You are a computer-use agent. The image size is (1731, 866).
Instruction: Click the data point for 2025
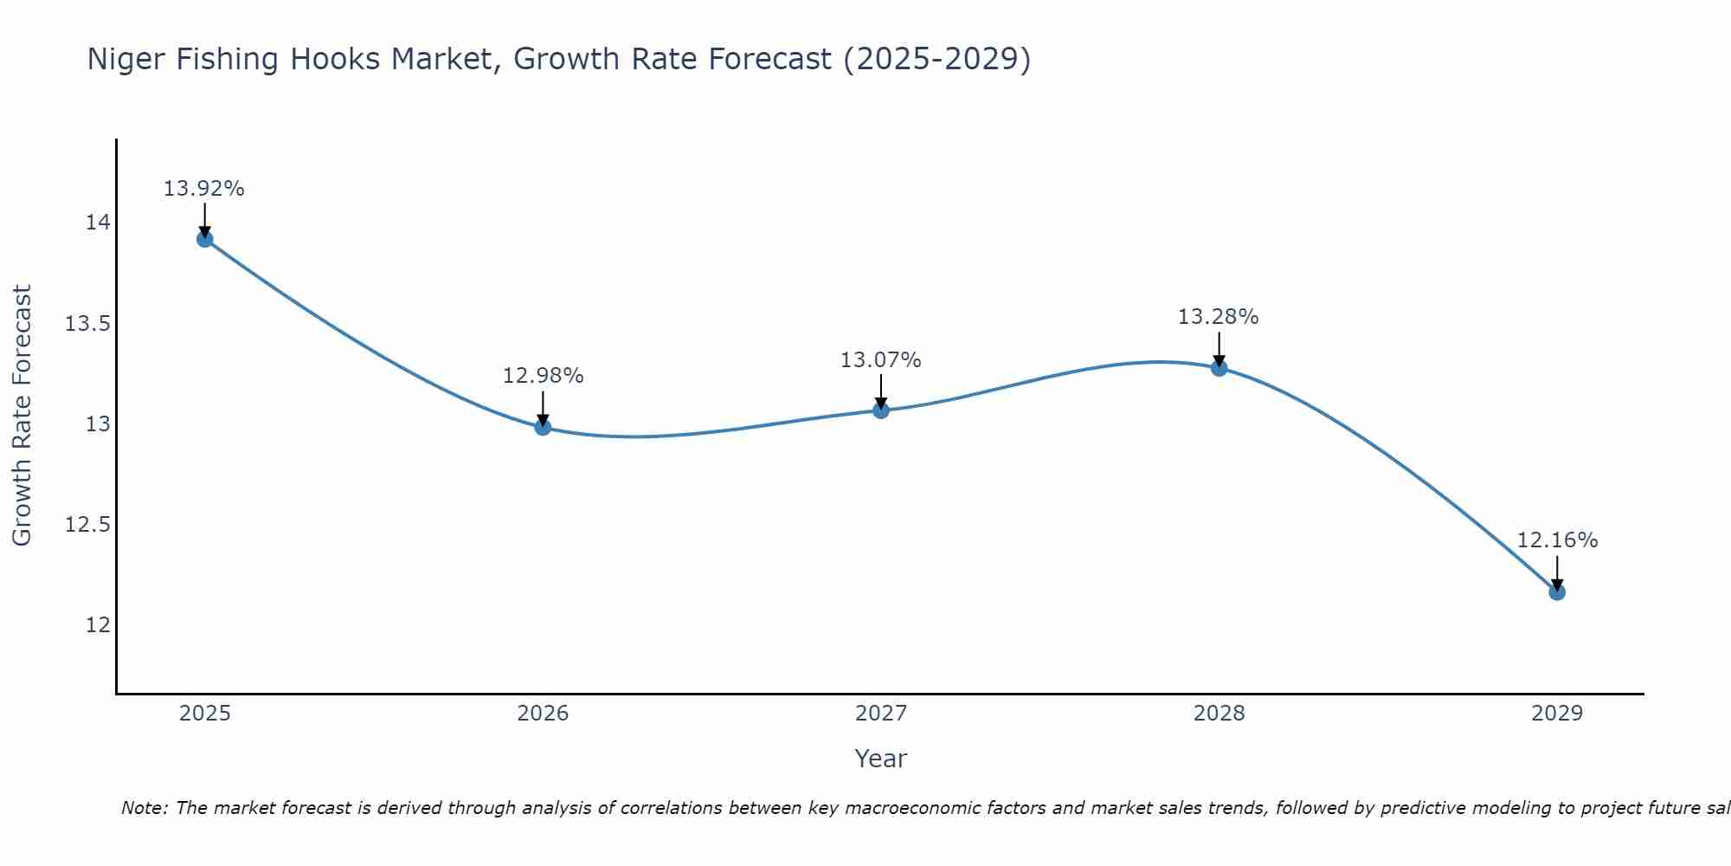tap(205, 239)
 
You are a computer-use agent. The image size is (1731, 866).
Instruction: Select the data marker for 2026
tap(543, 427)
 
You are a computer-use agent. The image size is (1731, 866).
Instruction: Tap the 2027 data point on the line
tap(881, 410)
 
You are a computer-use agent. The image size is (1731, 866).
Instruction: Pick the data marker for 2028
tap(1219, 368)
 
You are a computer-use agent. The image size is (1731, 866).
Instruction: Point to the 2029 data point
tap(1557, 592)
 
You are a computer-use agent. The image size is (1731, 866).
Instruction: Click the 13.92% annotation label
tap(204, 189)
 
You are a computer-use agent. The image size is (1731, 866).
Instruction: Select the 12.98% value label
tap(544, 376)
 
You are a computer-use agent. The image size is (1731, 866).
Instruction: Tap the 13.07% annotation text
tap(881, 360)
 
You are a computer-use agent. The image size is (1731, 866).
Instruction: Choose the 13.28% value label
tap(1219, 317)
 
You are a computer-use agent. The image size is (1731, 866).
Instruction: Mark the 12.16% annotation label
tap(1558, 540)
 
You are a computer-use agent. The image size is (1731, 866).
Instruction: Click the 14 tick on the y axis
tap(98, 223)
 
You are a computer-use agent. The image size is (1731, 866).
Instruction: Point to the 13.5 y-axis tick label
tap(88, 324)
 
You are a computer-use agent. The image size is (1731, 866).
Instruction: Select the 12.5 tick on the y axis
tap(88, 525)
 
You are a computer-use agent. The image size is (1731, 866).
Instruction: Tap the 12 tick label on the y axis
tap(98, 625)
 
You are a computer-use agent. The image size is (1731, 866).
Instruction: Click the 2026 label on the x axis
tap(543, 714)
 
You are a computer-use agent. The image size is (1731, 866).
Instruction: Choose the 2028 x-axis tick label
tap(1219, 714)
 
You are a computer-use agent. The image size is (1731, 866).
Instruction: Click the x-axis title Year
tap(881, 759)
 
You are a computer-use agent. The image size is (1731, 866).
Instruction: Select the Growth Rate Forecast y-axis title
tap(22, 415)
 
